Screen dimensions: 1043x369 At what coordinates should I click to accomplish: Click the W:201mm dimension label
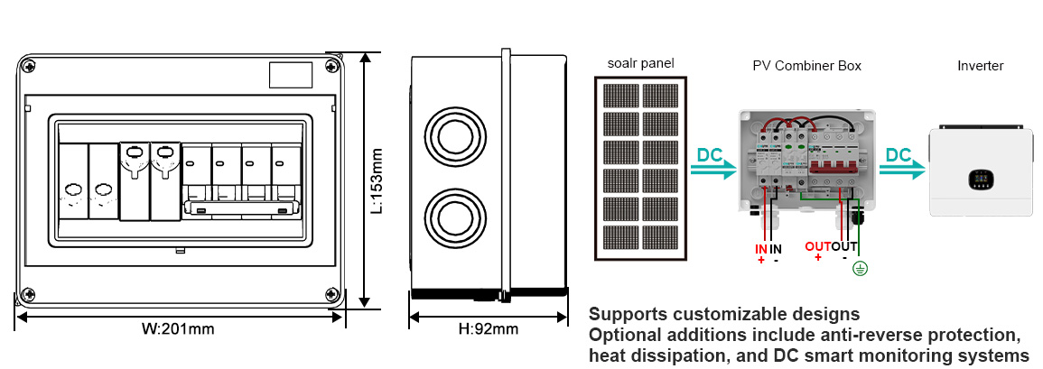pos(178,328)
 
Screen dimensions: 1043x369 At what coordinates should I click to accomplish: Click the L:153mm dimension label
pos(377,180)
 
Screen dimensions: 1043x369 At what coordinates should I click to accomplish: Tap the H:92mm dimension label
pos(489,328)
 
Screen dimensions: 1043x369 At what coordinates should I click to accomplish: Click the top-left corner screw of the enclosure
pos(28,66)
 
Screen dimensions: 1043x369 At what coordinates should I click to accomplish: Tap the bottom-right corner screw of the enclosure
pos(331,293)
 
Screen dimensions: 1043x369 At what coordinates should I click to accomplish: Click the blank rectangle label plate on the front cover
pos(291,75)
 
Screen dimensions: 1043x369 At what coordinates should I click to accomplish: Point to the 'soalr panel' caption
pos(640,64)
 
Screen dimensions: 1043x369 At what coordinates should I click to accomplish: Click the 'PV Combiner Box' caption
pos(807,66)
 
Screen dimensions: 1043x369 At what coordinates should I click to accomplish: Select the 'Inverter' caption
pos(981,66)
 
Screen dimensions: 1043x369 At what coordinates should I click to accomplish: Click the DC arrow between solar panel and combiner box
pos(713,163)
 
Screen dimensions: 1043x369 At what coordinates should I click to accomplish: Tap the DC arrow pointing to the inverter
pos(902,163)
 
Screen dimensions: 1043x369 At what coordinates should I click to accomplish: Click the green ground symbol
pos(860,269)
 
